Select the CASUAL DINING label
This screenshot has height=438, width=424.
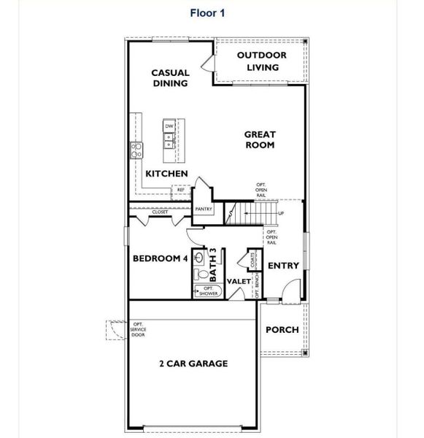pos(170,77)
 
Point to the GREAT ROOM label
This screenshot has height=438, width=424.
pos(260,139)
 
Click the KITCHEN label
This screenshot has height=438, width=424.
pos(166,174)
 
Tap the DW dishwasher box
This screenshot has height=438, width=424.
pos(169,126)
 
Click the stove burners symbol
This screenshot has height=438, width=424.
pos(136,150)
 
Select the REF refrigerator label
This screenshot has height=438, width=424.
pos(180,190)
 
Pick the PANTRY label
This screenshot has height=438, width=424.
pos(204,209)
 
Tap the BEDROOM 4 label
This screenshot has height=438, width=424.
pos(160,258)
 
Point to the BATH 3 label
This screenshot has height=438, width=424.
pos(214,265)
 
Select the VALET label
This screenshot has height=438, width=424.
pos(239,281)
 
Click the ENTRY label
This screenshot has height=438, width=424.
pos(284,266)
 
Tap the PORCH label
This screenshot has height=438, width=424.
pos(282,329)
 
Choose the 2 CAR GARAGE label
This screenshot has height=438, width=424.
pos(193,363)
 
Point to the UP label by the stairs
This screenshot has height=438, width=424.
pos(281,214)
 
